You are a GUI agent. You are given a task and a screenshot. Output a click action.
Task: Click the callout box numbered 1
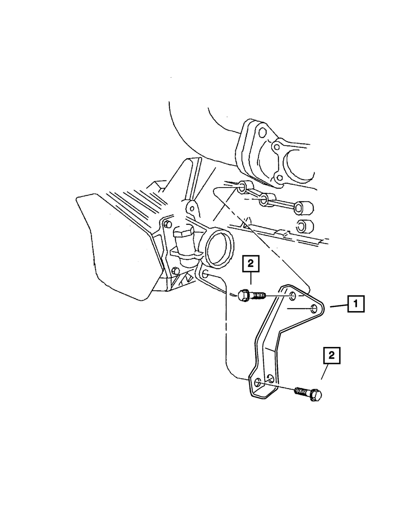(x=356, y=304)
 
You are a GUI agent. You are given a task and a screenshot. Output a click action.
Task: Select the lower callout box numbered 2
(x=332, y=356)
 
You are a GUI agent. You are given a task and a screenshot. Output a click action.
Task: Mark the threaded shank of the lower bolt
(x=302, y=392)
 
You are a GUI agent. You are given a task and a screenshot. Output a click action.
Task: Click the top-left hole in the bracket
(x=293, y=296)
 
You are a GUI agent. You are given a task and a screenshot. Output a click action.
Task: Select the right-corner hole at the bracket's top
(x=314, y=309)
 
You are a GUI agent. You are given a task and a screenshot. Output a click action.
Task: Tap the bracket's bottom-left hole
(x=258, y=382)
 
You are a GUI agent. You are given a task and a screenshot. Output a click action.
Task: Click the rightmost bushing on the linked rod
(x=304, y=208)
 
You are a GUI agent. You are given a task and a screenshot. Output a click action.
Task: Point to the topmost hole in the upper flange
(x=262, y=133)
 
